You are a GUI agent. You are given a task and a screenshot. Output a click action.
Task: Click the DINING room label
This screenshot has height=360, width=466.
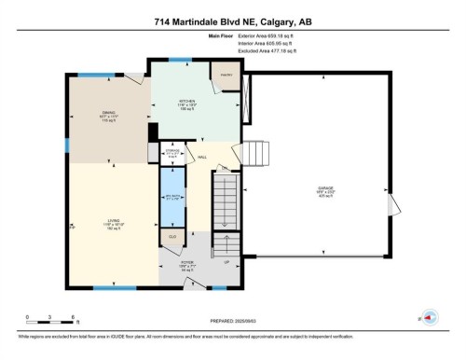[x=109, y=115]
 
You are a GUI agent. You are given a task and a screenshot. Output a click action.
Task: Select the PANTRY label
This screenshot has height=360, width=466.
[x=226, y=74]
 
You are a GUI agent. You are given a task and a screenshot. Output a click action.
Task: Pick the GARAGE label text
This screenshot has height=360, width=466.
[x=324, y=189]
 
